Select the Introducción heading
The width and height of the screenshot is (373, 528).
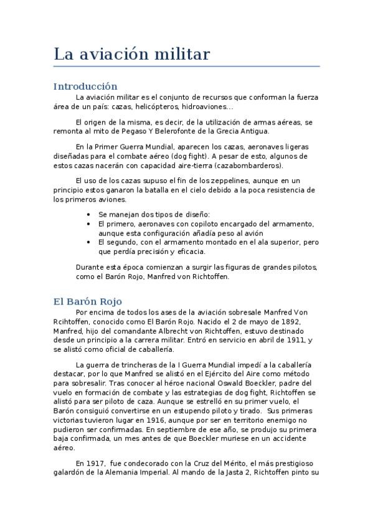point(85,86)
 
